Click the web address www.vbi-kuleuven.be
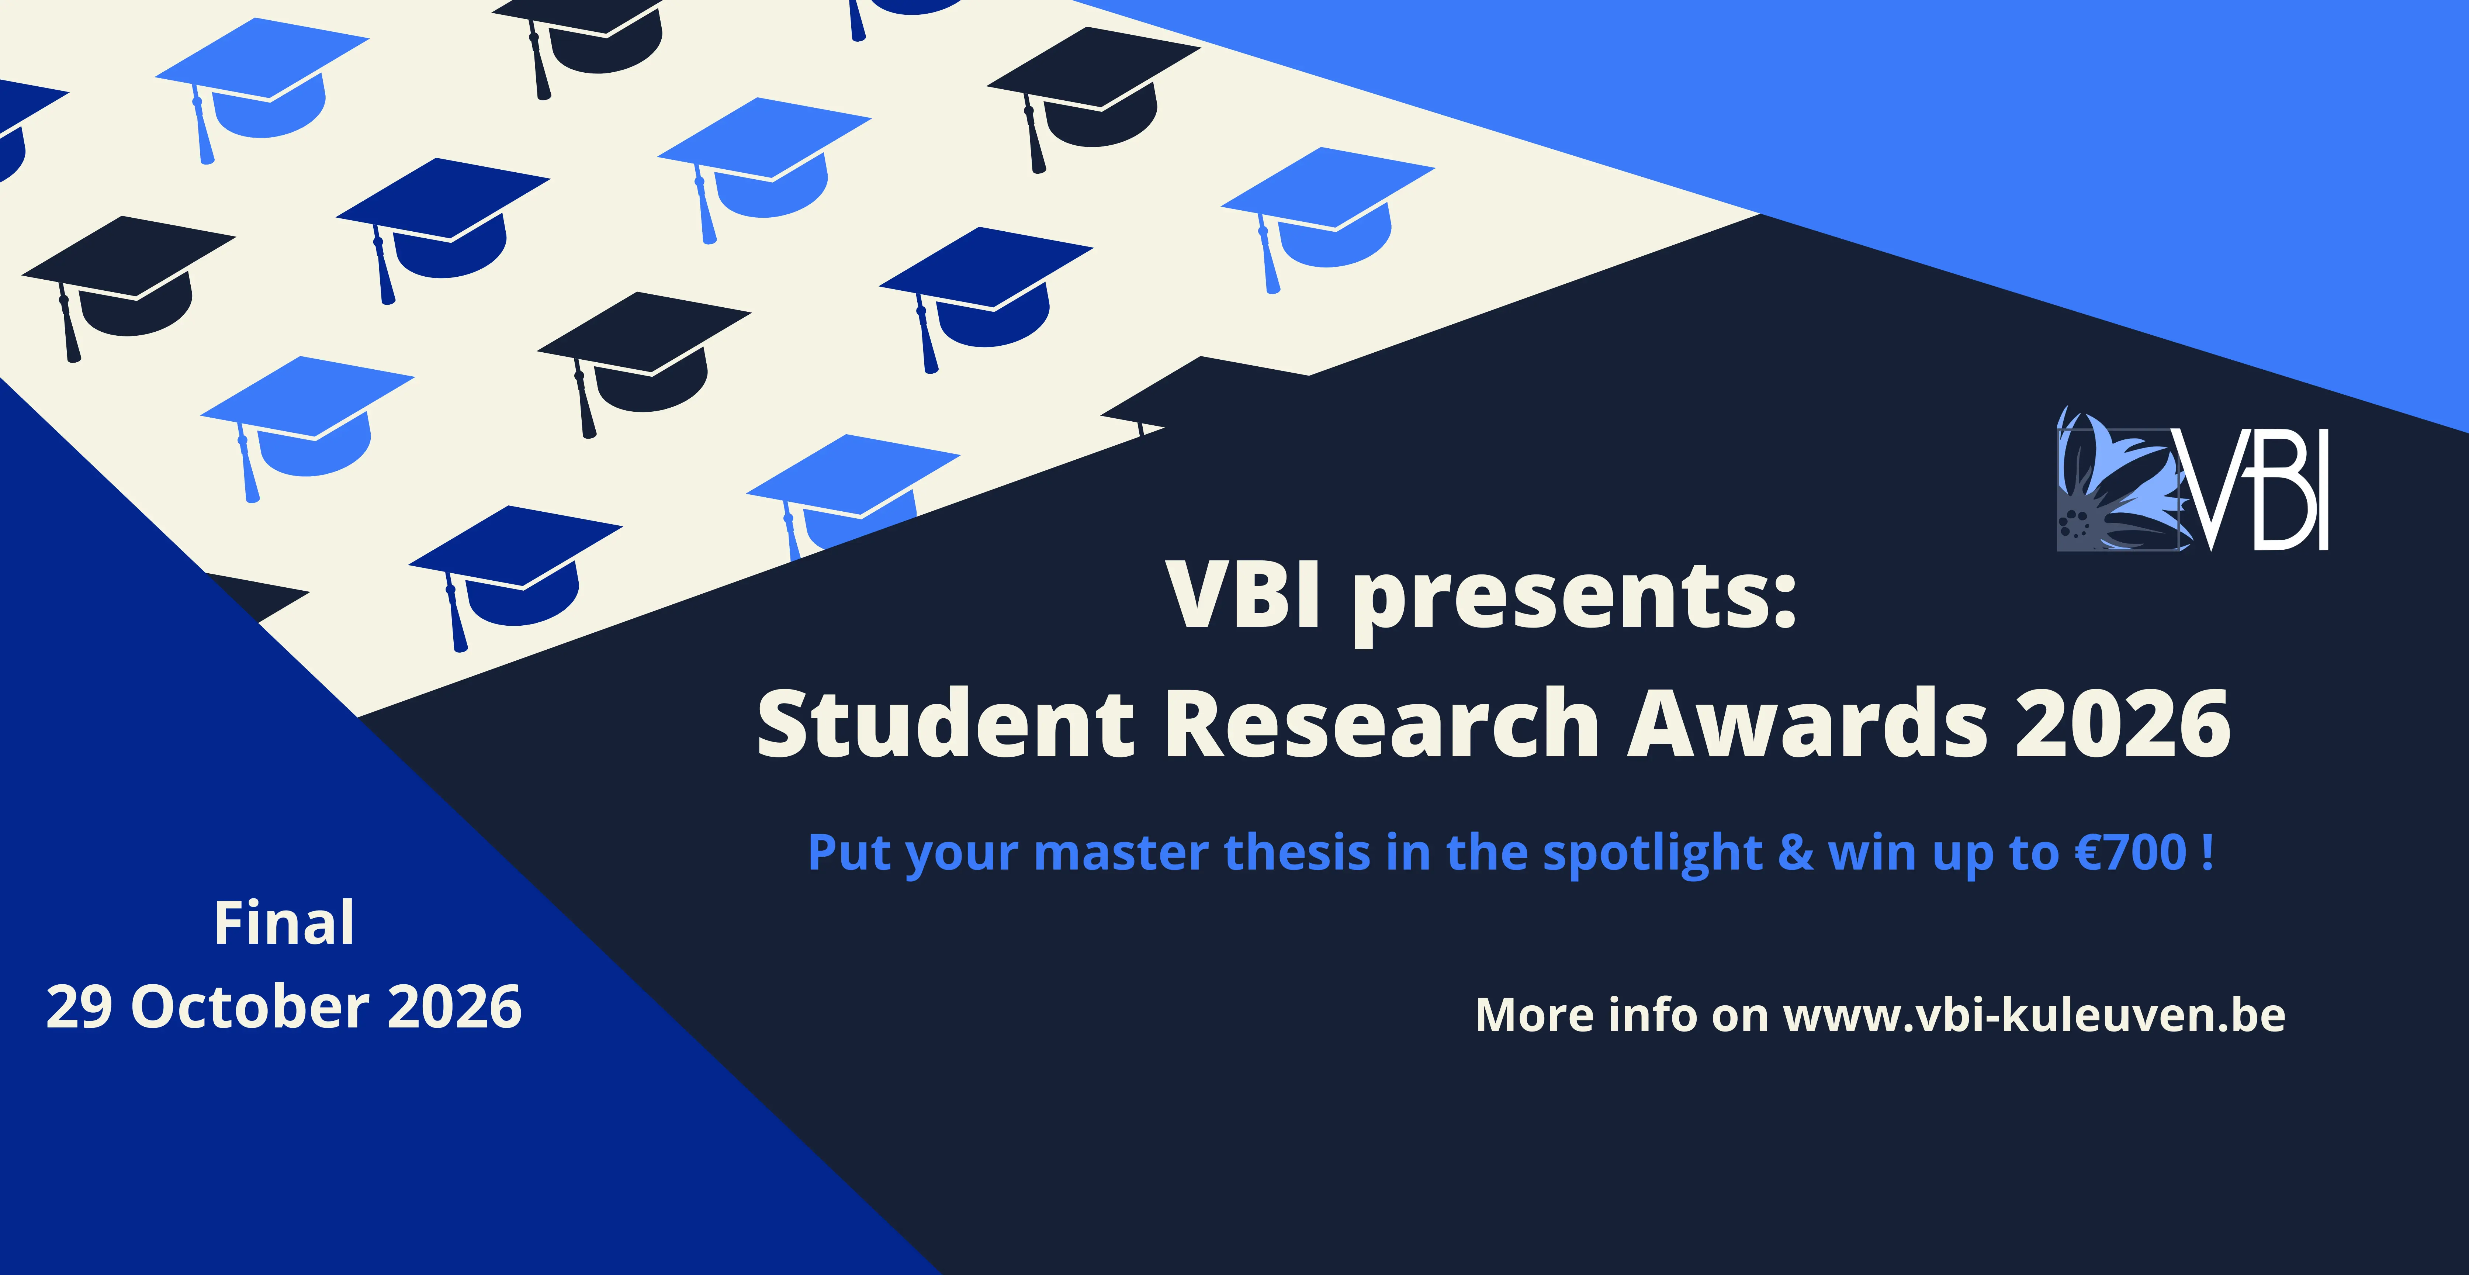(2034, 1014)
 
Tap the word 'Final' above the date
(284, 923)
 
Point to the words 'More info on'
(1622, 1014)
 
